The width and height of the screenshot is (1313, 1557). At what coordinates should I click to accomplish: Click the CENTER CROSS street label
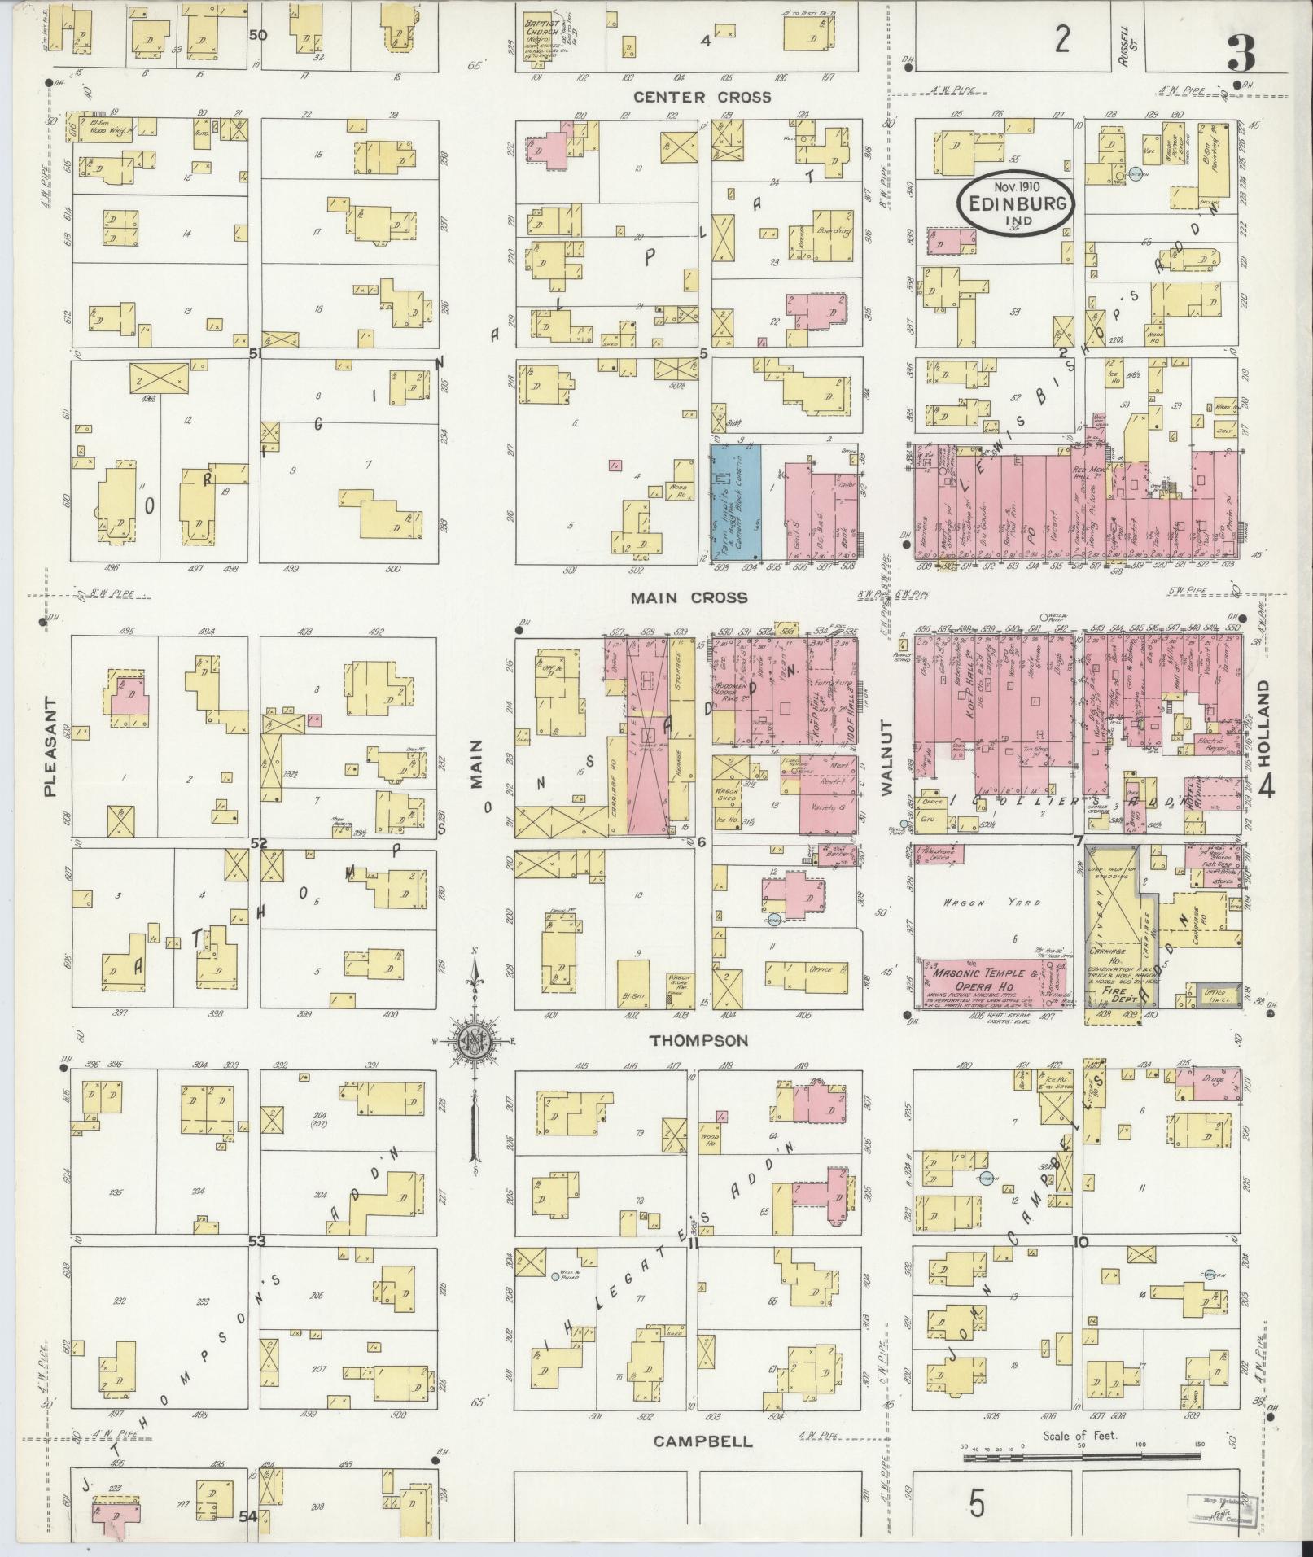tap(702, 97)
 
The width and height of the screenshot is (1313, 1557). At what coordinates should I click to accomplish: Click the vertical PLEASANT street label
tap(50, 746)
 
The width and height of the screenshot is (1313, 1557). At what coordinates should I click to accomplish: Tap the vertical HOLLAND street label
tap(1264, 724)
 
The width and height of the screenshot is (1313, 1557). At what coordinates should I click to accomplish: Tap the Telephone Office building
tap(939, 853)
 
